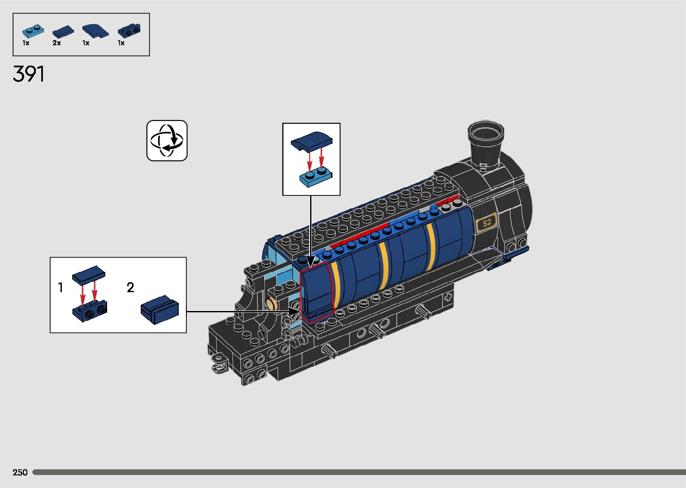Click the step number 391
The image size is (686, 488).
[29, 74]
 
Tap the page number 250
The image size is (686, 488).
[20, 472]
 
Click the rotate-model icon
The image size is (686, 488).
[167, 141]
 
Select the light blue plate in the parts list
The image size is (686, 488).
[33, 31]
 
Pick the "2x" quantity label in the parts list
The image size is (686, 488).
[56, 43]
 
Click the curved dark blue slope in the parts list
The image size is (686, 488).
[95, 31]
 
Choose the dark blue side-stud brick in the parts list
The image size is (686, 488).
[129, 30]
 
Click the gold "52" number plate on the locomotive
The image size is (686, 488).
[487, 223]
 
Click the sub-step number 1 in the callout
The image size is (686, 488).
[60, 288]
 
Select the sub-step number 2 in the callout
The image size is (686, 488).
[130, 288]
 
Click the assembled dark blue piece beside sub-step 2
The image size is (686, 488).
[160, 310]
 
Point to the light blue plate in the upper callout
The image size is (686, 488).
[316, 176]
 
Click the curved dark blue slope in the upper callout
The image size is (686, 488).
[311, 141]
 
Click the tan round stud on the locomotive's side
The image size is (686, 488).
[272, 304]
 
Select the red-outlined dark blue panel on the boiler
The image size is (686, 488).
[317, 291]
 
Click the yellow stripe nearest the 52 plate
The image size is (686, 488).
[431, 246]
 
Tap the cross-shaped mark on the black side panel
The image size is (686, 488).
[448, 297]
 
